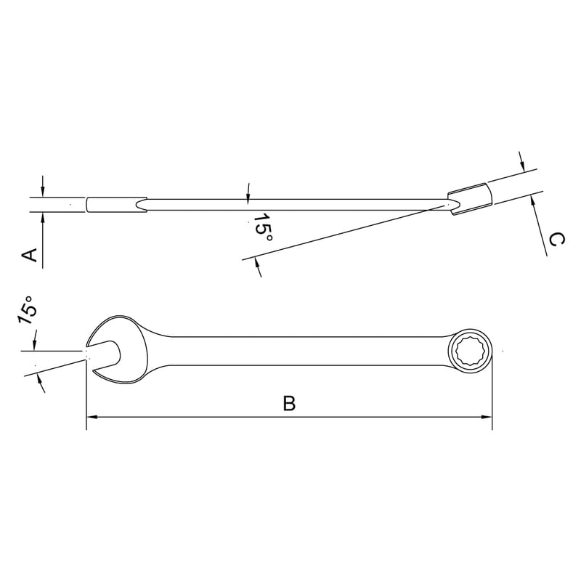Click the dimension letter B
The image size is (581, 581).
(289, 404)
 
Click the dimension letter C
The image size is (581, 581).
(556, 240)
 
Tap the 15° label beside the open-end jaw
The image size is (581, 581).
(28, 310)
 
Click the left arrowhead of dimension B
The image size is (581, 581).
(92, 417)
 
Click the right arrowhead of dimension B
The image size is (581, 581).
(487, 417)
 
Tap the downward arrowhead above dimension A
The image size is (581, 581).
(43, 192)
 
